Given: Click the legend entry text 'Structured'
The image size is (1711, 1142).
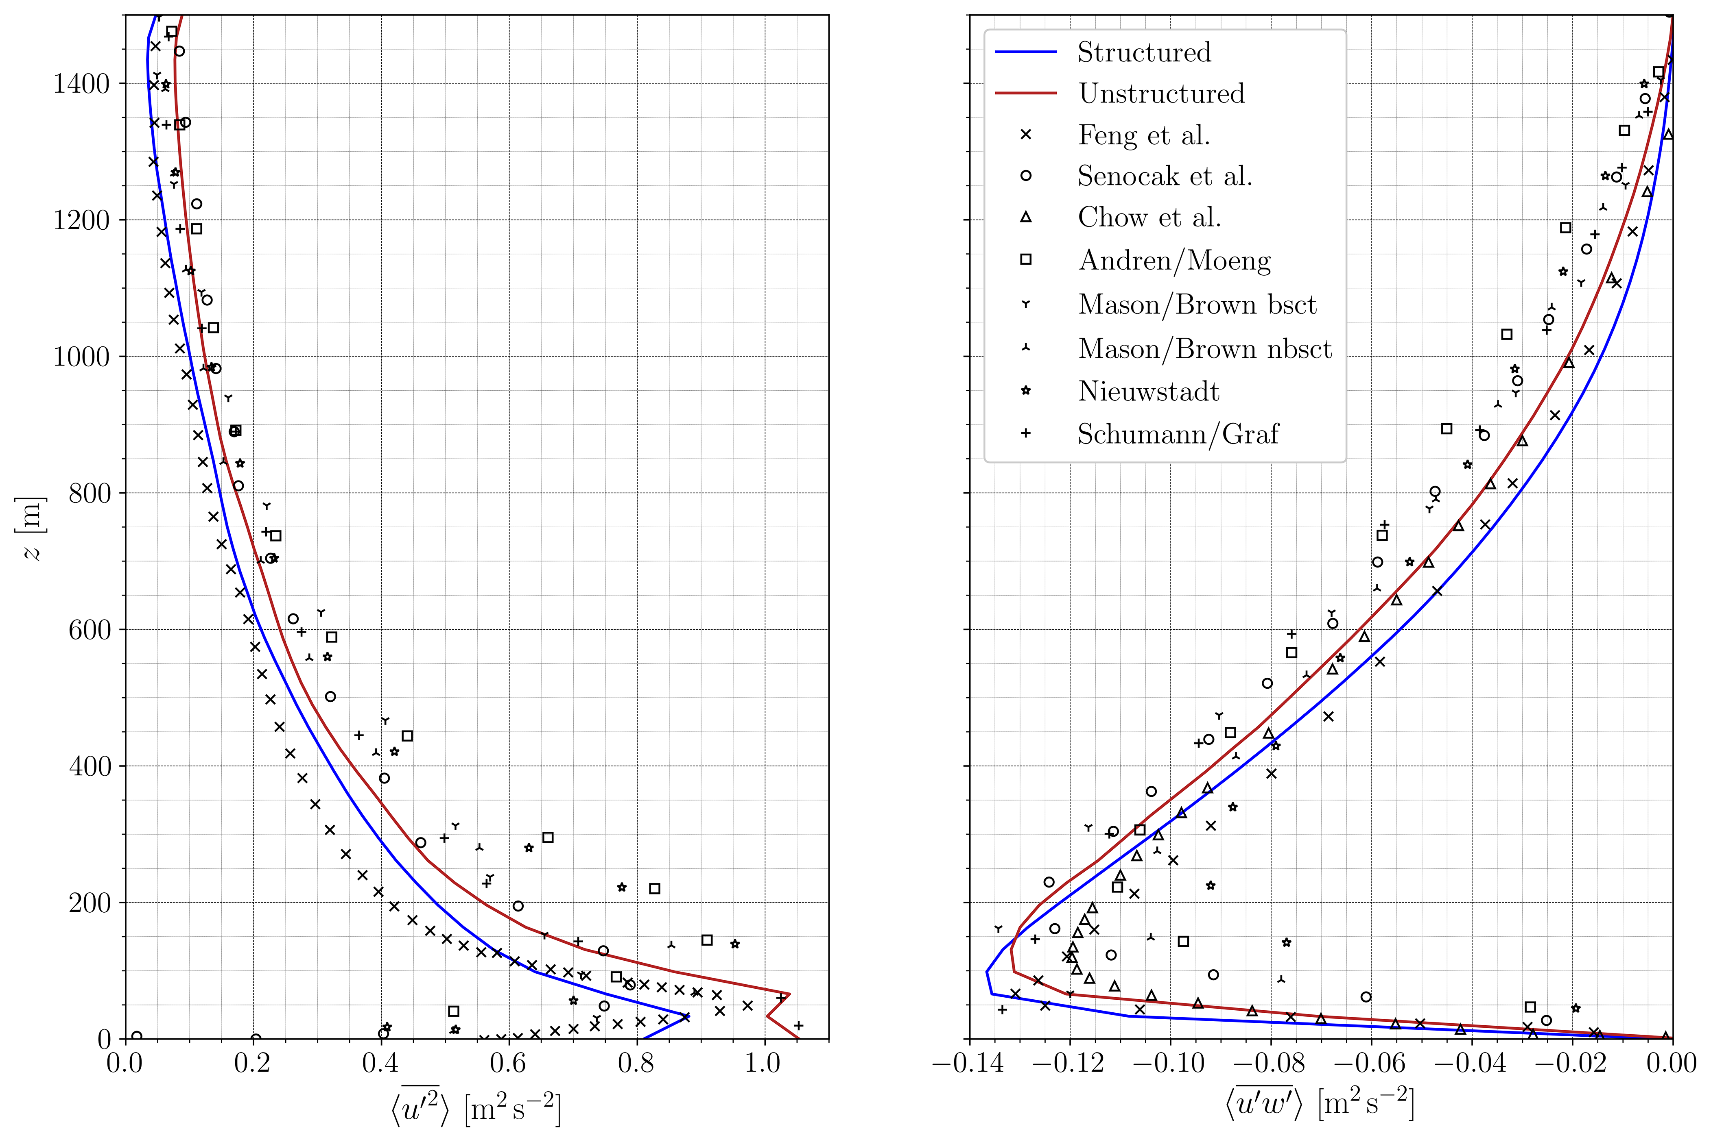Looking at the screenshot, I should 1144,52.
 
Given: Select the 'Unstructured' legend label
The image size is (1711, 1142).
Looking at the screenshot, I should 1162,94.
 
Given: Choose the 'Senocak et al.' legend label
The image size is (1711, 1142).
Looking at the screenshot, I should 1165,176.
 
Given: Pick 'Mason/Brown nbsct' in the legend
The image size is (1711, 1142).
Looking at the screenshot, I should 1204,349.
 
